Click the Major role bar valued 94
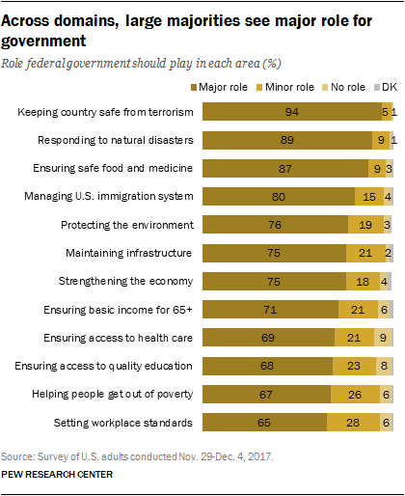[292, 113]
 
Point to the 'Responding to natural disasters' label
[117, 141]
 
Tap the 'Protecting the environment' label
[129, 225]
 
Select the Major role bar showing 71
[270, 309]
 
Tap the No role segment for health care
[384, 337]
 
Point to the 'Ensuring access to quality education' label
[105, 366]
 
